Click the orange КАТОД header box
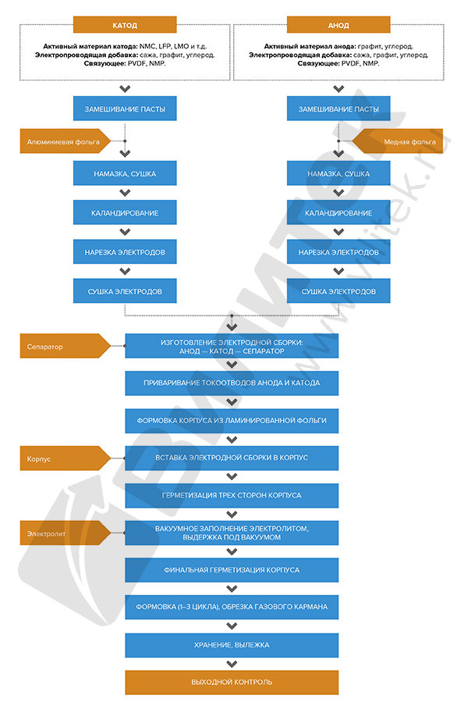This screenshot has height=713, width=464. [125, 25]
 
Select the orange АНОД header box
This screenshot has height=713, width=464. [338, 25]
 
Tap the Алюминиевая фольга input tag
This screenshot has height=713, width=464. [66, 141]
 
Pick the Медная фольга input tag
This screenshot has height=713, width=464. [398, 141]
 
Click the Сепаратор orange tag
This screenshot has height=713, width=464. [66, 346]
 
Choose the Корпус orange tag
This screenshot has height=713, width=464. [66, 458]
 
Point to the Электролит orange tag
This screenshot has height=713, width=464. [66, 533]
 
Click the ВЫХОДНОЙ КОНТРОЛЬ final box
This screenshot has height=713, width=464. [232, 682]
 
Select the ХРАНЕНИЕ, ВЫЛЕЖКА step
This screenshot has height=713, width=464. [232, 645]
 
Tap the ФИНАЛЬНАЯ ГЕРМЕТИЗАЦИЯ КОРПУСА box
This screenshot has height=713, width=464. [232, 570]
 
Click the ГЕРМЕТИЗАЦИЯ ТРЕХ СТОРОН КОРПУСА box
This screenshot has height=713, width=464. [232, 495]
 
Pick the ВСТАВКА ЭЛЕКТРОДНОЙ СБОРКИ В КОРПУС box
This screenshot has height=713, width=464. [232, 458]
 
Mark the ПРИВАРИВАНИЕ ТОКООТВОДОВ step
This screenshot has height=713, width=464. [232, 383]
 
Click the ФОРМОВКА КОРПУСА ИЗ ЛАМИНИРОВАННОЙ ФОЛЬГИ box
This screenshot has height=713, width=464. [232, 421]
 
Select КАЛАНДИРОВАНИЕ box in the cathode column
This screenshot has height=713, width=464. [125, 213]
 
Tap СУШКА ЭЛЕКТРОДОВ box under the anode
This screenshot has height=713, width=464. [338, 291]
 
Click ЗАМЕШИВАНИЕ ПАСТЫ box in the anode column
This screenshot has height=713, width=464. [338, 109]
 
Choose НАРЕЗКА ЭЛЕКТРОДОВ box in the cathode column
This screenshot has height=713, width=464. [125, 252]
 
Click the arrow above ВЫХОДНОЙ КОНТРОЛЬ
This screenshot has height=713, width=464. [232, 664]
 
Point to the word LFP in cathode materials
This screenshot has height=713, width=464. [165, 46]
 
